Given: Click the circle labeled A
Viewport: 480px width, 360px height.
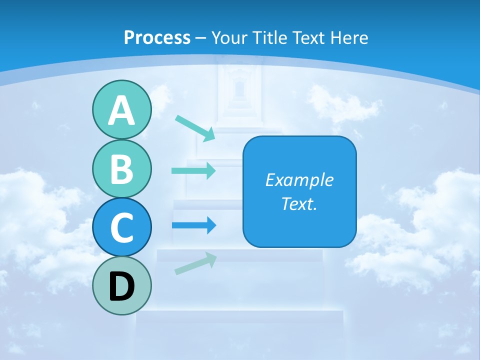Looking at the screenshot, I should [121, 110].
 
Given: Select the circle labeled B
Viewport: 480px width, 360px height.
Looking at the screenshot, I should [121, 168].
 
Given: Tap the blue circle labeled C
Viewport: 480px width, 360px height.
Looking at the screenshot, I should [121, 227].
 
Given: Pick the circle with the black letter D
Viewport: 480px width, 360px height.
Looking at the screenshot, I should [121, 286].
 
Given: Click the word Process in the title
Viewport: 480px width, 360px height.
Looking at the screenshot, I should [157, 37].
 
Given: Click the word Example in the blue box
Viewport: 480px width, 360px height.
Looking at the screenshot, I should [299, 180].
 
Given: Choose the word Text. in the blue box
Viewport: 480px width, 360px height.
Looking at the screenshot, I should [299, 204].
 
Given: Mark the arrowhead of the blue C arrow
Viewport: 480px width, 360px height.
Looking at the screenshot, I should [211, 225].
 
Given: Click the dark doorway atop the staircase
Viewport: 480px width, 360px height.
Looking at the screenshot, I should [239, 89].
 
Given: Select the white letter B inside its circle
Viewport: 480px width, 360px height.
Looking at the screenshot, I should [121, 169].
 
